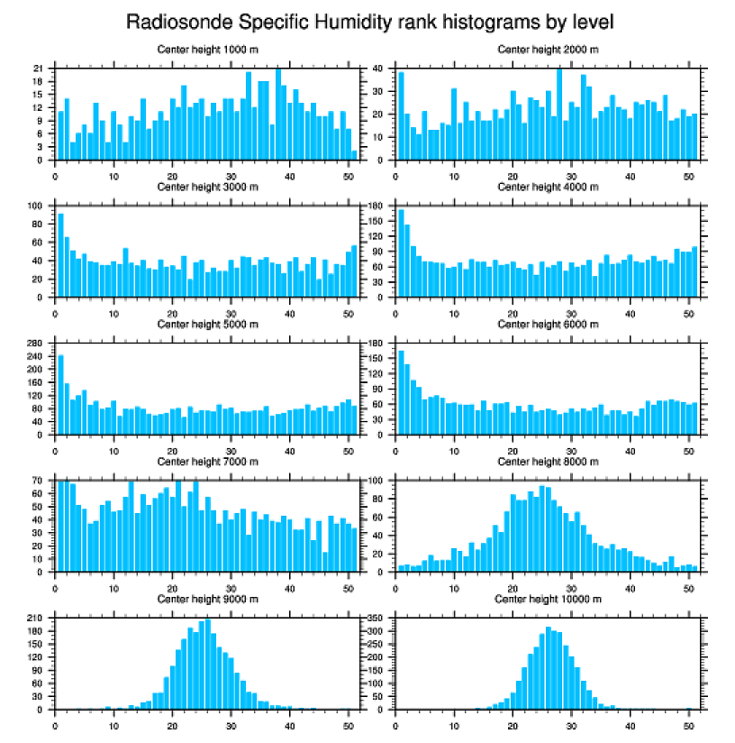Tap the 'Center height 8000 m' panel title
548,462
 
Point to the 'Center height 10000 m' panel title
548,599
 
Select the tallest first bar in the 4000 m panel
401,253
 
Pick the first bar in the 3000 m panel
61,255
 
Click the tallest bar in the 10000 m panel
548,668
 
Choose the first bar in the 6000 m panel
401,392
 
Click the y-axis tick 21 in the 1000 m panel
39,69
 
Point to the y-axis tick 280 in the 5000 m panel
36,344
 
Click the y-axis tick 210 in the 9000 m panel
36,619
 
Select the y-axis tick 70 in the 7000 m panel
39,482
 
